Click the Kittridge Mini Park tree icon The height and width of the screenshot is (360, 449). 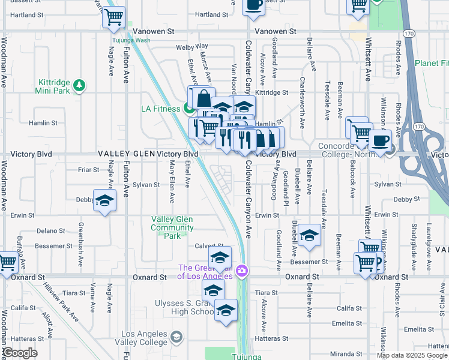[79, 86]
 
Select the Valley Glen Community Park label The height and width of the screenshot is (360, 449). [172, 227]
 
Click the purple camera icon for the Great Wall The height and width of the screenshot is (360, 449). [241, 271]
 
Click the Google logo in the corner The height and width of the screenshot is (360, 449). [20, 353]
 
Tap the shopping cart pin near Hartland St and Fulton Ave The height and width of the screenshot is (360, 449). [113, 17]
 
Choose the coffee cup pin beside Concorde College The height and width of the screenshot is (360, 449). [380, 142]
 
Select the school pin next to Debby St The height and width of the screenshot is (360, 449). [104, 201]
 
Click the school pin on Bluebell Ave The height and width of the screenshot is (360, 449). [309, 236]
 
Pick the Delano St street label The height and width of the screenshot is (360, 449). [50, 230]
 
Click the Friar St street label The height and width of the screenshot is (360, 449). [89, 170]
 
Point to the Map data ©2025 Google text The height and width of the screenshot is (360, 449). [412, 355]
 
